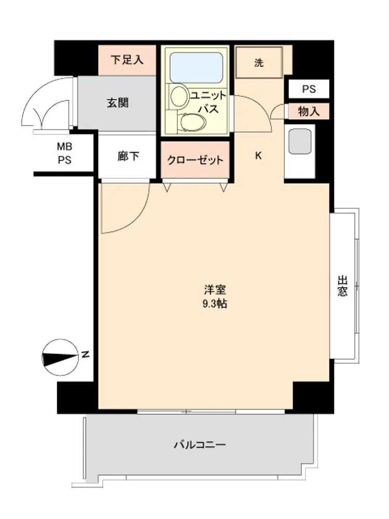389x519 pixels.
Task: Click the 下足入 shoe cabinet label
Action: click(x=127, y=60)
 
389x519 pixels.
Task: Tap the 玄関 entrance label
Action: click(x=117, y=103)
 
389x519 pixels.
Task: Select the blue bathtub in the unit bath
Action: click(x=196, y=67)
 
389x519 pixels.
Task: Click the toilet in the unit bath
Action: click(x=191, y=122)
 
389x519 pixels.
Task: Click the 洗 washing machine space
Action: click(x=259, y=63)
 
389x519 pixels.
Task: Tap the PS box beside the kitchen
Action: click(x=309, y=89)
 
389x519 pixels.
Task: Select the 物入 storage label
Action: click(x=309, y=112)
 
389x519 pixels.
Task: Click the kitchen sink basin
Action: click(x=300, y=141)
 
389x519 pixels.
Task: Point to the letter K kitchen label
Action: click(x=259, y=155)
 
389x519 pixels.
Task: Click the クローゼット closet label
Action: click(x=195, y=160)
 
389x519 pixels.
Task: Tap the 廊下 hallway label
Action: click(x=128, y=156)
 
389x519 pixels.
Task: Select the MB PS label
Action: click(x=64, y=153)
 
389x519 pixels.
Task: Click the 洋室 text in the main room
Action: click(x=215, y=290)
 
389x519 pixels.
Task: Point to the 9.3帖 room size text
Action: click(x=215, y=304)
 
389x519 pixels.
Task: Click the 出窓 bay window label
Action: click(x=343, y=286)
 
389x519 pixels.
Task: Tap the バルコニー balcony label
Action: click(x=200, y=444)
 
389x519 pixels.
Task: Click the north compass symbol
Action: click(x=61, y=358)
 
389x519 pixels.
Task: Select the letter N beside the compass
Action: click(x=86, y=354)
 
